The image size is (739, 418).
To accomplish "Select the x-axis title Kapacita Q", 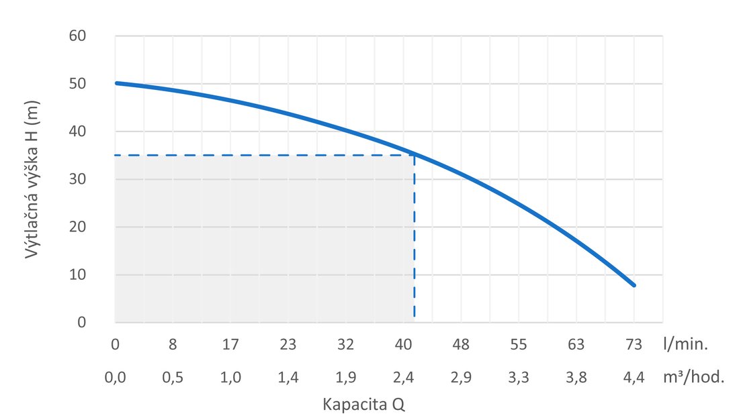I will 363,405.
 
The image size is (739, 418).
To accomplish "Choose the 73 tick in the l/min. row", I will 634,345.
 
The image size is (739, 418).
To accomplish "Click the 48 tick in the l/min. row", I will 461,345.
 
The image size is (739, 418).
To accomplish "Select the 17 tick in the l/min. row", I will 230,345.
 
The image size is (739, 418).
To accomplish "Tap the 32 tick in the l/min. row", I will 345,345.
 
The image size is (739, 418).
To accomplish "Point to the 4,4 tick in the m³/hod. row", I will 634,377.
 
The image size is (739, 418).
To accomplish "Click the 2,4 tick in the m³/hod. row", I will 403,377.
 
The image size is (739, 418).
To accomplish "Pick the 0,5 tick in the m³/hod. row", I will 173,377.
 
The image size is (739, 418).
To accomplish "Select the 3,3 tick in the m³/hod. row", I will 519,377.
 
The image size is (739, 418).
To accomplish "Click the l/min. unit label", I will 685,345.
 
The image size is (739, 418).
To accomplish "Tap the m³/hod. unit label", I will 694,377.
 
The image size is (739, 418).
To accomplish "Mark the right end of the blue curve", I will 634,285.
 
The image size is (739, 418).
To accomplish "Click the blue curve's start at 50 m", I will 116,83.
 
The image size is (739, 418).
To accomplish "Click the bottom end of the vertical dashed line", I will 414,317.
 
